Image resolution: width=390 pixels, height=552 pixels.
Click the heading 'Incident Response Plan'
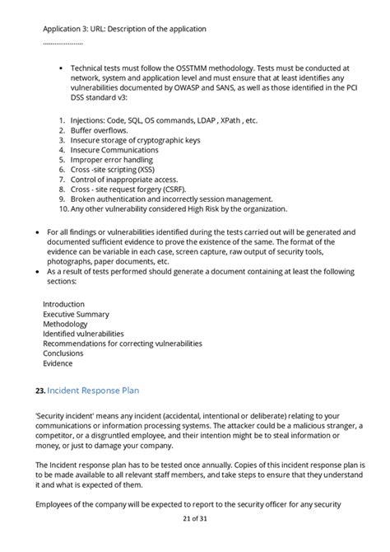(x=100, y=390)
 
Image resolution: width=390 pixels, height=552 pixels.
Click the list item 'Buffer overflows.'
(x=99, y=130)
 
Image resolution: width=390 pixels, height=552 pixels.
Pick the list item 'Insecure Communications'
(x=114, y=150)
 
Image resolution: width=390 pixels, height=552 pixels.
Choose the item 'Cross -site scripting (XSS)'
(x=118, y=170)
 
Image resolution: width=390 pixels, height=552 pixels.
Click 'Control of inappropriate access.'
(x=124, y=180)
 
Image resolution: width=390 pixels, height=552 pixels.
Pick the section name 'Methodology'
(x=65, y=324)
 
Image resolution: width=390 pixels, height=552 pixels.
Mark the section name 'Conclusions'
(x=63, y=353)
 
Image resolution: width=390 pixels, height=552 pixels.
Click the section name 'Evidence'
(x=58, y=363)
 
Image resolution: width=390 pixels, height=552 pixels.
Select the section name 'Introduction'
(x=63, y=304)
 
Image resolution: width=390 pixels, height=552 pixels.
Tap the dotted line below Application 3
(x=63, y=42)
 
